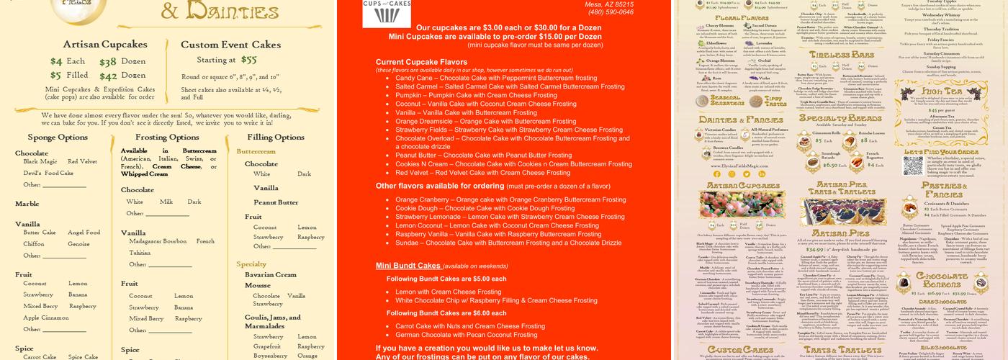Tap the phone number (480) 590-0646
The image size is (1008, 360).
[x=611, y=12]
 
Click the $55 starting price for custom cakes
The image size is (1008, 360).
[x=248, y=60]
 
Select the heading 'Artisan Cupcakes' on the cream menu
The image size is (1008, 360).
[x=104, y=44]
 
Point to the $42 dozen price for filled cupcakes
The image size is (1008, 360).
[x=108, y=75]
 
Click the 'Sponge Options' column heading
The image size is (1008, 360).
[x=58, y=137]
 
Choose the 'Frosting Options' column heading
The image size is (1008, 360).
[x=167, y=137]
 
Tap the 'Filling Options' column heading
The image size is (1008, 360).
[x=275, y=137]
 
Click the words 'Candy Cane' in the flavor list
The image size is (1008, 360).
[x=413, y=78]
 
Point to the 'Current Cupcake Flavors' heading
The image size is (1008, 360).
[x=421, y=62]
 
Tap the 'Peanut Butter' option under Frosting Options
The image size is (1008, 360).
[x=275, y=202]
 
